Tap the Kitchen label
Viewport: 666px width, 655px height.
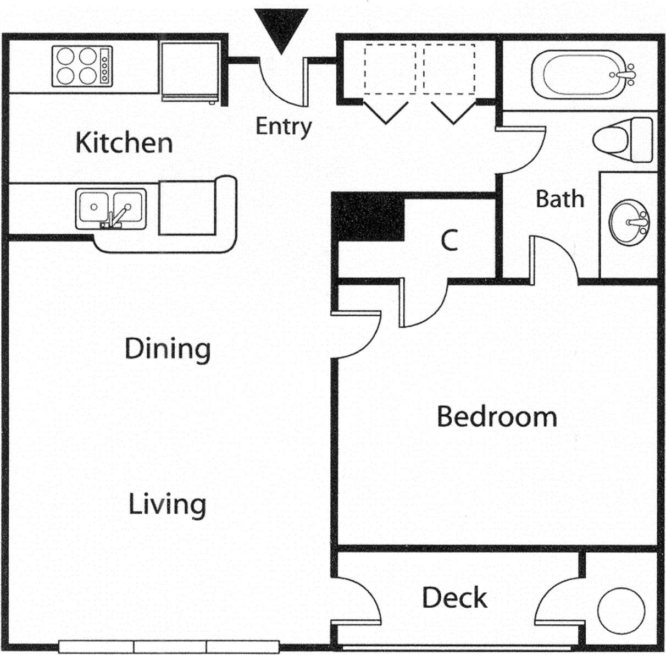(124, 142)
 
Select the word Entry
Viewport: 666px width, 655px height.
(284, 126)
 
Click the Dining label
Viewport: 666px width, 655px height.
(168, 349)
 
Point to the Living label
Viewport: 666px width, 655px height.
(167, 504)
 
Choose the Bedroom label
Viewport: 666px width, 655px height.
(496, 416)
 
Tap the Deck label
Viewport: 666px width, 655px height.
(454, 598)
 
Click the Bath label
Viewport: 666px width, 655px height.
(559, 199)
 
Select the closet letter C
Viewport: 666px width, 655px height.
(449, 240)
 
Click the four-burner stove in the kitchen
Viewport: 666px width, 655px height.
(82, 66)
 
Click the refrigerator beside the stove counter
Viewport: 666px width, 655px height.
(190, 70)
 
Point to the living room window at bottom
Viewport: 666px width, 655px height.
(170, 647)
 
